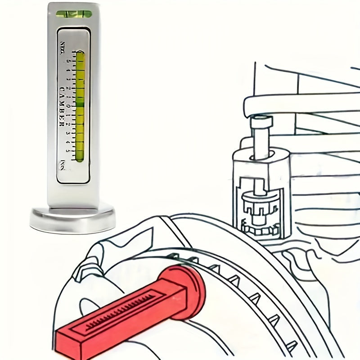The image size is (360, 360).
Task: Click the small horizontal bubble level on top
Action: (74, 13)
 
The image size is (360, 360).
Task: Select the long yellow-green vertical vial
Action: (80, 106)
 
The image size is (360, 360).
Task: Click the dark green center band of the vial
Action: (80, 105)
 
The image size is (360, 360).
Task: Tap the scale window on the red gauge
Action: (121, 310)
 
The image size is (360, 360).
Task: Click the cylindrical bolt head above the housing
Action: (261, 121)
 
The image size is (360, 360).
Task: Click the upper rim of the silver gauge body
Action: (74, 5)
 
